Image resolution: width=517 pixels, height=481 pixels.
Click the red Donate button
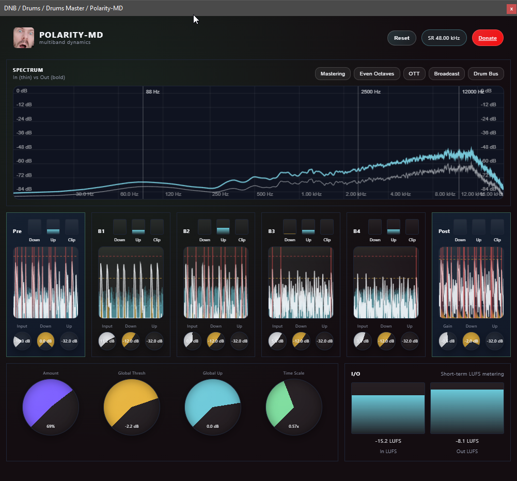click(488, 38)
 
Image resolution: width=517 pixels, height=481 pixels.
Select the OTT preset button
click(414, 74)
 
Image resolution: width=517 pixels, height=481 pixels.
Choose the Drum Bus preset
click(486, 74)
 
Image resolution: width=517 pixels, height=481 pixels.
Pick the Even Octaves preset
click(377, 74)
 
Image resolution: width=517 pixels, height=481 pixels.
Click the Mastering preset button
click(333, 74)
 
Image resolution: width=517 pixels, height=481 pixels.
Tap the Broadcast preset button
click(447, 74)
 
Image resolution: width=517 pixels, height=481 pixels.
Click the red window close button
click(511, 8)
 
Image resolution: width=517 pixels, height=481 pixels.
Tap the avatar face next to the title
click(24, 38)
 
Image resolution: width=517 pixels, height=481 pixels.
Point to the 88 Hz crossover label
click(153, 91)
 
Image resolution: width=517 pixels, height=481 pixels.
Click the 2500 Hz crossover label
click(370, 91)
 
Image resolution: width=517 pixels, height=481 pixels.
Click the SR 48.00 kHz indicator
click(444, 38)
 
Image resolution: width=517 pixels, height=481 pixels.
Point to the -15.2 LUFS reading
click(388, 441)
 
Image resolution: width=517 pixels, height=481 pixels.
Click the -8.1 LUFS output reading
click(467, 441)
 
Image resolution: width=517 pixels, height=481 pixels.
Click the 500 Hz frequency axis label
click(264, 194)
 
